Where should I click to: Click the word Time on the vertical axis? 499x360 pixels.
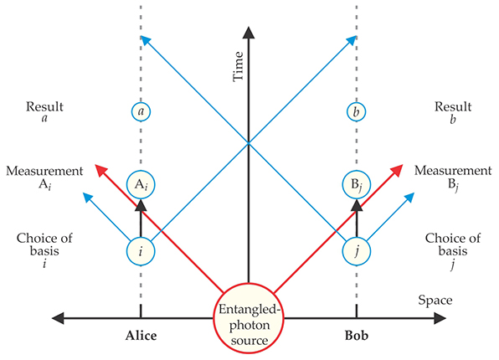[x=238, y=66]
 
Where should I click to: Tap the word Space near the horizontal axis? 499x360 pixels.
[x=435, y=300]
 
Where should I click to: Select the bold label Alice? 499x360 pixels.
[x=141, y=336]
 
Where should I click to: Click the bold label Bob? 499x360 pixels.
[x=357, y=336]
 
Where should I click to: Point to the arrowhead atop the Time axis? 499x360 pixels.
[x=249, y=33]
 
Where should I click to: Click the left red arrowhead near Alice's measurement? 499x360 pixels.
[x=101, y=170]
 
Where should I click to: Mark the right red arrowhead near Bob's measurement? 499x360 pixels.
[x=397, y=170]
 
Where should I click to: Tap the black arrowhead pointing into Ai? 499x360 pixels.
[x=141, y=205]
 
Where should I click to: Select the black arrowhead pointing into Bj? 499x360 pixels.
[x=357, y=205]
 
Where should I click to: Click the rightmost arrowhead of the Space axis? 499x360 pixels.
[x=440, y=318]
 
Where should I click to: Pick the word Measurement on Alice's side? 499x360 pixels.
[x=44, y=171]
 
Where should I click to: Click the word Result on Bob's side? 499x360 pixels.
[x=453, y=106]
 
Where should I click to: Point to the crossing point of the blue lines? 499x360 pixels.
[x=249, y=143]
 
